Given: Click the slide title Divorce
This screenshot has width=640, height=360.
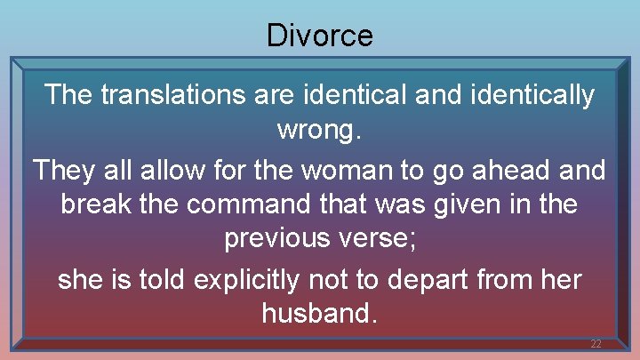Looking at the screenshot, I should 320,36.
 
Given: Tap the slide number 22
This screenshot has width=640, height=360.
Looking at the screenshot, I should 596,344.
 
